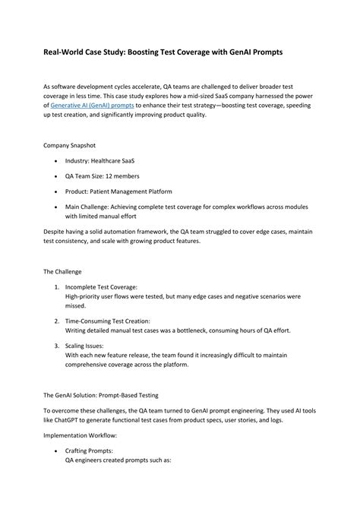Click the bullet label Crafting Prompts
coord(96,454)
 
